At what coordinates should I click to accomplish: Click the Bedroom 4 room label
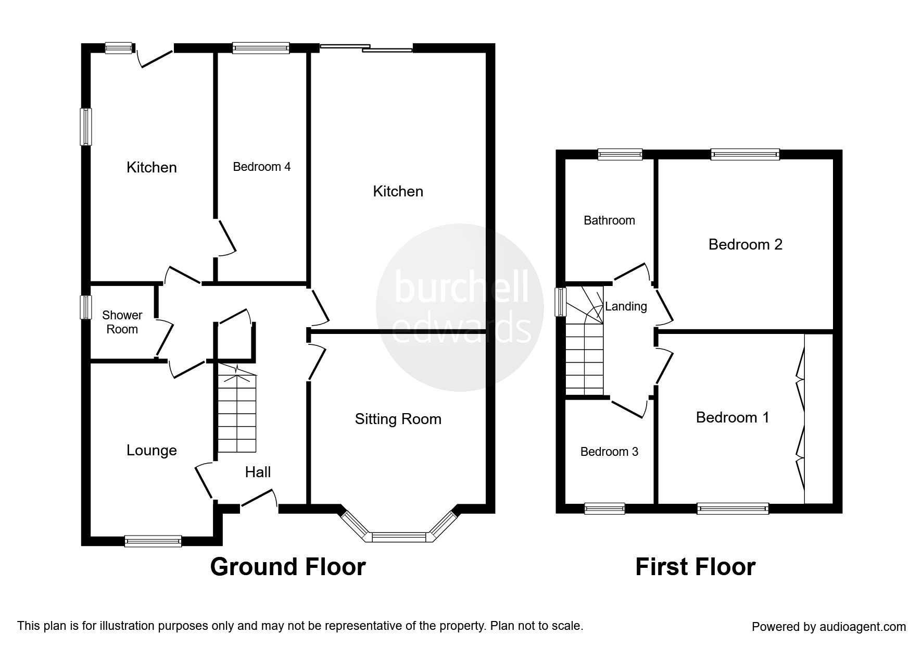pyautogui.click(x=261, y=167)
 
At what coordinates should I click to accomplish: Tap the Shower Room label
pyautogui.click(x=122, y=322)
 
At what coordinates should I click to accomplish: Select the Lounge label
pyautogui.click(x=151, y=450)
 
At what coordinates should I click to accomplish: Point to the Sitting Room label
pyautogui.click(x=398, y=419)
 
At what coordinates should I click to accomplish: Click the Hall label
pyautogui.click(x=258, y=472)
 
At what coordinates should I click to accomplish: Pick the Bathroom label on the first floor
pyautogui.click(x=609, y=220)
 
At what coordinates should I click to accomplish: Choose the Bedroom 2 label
pyautogui.click(x=746, y=244)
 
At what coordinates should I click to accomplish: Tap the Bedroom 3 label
pyautogui.click(x=609, y=452)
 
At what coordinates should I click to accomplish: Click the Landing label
pyautogui.click(x=626, y=306)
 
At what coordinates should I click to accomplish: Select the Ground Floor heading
pyautogui.click(x=288, y=567)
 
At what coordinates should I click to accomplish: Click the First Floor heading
pyautogui.click(x=696, y=567)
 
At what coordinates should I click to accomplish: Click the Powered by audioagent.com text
pyautogui.click(x=829, y=627)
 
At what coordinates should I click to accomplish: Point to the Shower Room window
pyautogui.click(x=85, y=307)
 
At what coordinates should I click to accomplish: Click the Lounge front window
pyautogui.click(x=153, y=541)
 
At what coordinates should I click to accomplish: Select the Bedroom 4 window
pyautogui.click(x=261, y=48)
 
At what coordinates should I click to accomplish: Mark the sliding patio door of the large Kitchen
pyautogui.click(x=367, y=48)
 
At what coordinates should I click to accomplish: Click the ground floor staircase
pyautogui.click(x=237, y=408)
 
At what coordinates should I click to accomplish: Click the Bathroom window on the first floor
pyautogui.click(x=620, y=154)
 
